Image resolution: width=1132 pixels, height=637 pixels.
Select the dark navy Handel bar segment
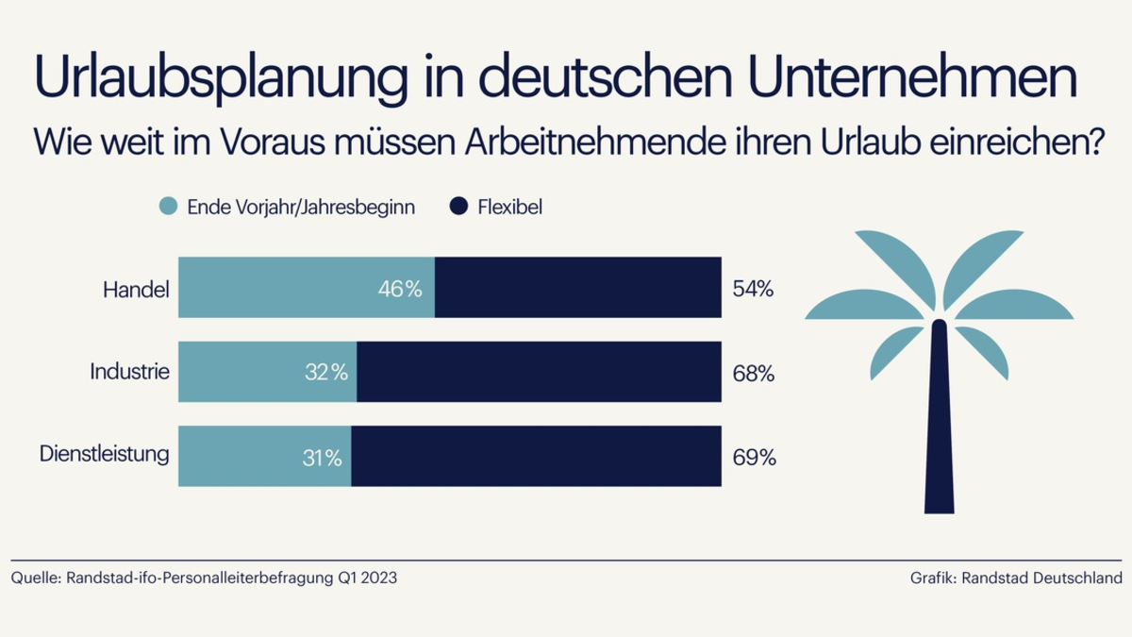pyautogui.click(x=577, y=288)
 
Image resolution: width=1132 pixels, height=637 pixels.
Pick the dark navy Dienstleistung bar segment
pyautogui.click(x=536, y=457)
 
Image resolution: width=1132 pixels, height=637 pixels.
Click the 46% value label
pyautogui.click(x=400, y=289)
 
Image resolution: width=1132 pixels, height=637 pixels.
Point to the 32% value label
pyautogui.click(x=326, y=373)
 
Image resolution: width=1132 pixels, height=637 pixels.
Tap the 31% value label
pyautogui.click(x=322, y=458)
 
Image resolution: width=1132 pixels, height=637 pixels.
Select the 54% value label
pyautogui.click(x=753, y=289)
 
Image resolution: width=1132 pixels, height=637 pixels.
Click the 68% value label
pyautogui.click(x=754, y=374)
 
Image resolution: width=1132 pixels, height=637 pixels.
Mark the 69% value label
pyautogui.click(x=754, y=459)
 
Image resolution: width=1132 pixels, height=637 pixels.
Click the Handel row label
pyautogui.click(x=136, y=289)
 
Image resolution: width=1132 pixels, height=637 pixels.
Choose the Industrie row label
pyautogui.click(x=129, y=372)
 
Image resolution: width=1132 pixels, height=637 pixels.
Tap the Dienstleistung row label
pyautogui.click(x=105, y=454)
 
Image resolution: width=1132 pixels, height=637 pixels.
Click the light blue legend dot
pyautogui.click(x=169, y=206)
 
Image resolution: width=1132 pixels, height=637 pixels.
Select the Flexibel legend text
pyautogui.click(x=510, y=207)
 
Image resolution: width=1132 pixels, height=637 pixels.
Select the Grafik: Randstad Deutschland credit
pyautogui.click(x=1016, y=578)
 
